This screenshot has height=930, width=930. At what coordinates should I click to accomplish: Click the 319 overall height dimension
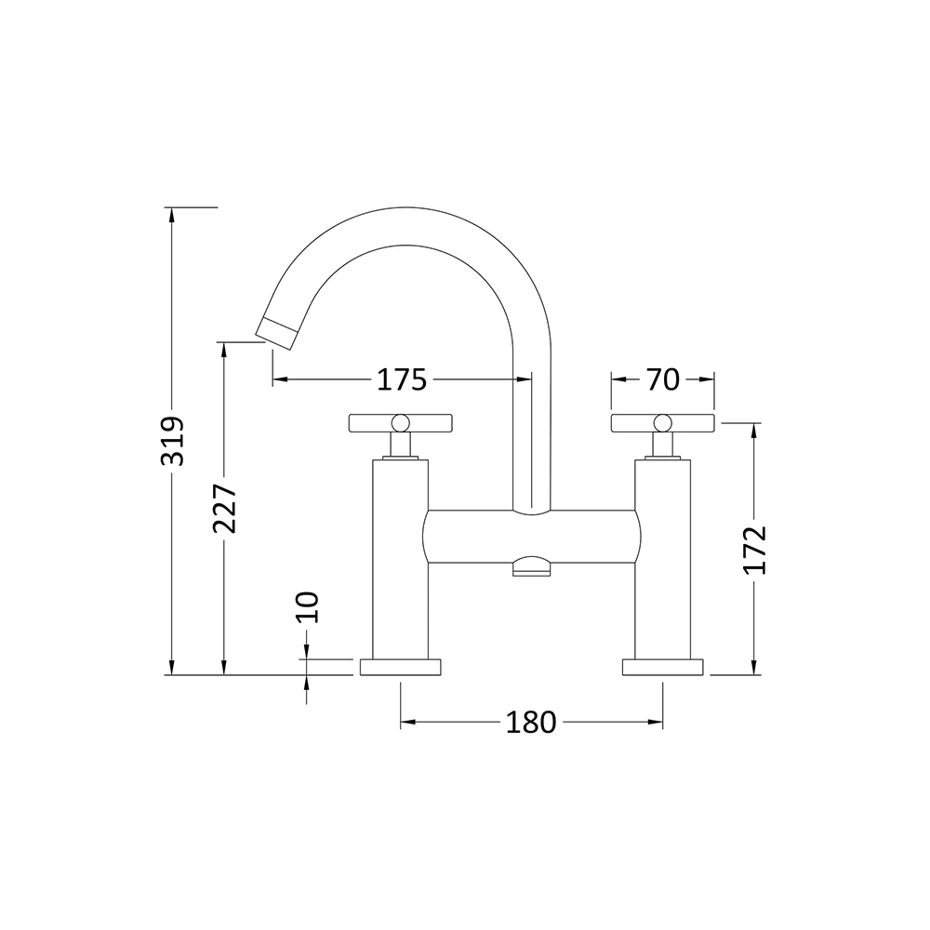(x=173, y=440)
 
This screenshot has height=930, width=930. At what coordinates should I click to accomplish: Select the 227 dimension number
(x=225, y=509)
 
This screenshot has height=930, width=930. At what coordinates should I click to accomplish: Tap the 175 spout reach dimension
(x=401, y=379)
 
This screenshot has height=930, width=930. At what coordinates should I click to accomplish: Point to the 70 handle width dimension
(x=662, y=379)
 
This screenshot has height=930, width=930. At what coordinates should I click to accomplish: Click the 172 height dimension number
(x=754, y=550)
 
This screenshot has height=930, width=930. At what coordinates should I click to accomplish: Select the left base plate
(x=400, y=667)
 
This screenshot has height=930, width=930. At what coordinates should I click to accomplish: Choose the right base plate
(x=662, y=667)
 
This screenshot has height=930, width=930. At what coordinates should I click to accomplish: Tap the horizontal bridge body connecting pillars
(x=531, y=537)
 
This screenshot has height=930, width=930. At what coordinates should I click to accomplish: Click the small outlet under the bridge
(x=531, y=566)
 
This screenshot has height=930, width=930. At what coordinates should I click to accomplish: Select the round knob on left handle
(x=400, y=423)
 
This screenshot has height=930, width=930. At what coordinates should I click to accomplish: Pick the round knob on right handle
(x=662, y=423)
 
